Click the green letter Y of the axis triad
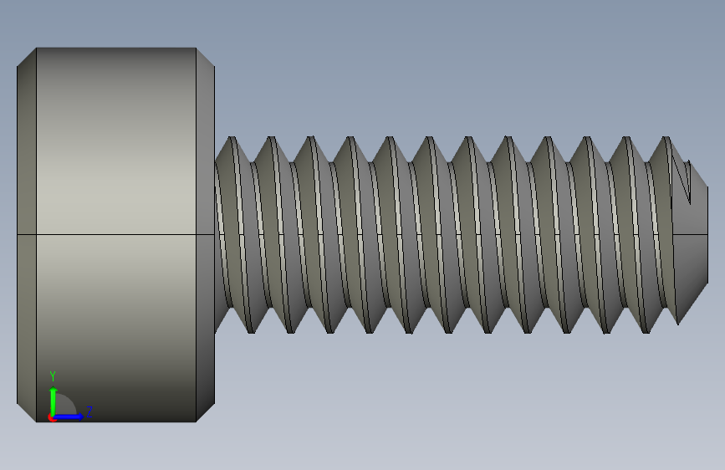click(53, 376)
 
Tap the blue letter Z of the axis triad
click(89, 411)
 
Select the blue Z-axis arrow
click(70, 416)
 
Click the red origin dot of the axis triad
click(52, 417)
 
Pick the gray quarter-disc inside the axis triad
click(65, 407)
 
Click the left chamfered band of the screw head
click(27, 234)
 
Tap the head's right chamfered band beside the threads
click(206, 234)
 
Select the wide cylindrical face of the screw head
click(116, 167)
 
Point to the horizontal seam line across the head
click(116, 235)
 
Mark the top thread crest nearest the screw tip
click(667, 139)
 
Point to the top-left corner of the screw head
click(36, 48)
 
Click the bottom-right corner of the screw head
click(197, 421)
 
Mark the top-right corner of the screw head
click(197, 48)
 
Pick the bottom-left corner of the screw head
click(36, 421)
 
